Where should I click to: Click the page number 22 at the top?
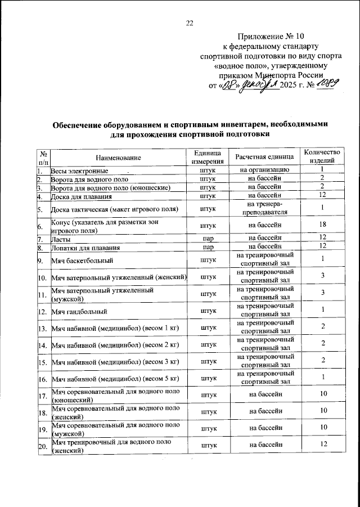(189, 23)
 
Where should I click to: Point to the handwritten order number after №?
(326, 84)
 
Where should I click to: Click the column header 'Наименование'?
(118, 157)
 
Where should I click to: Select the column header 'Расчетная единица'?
(264, 157)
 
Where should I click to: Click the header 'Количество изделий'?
(322, 157)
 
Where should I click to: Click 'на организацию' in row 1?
(264, 170)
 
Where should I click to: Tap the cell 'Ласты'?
(61, 239)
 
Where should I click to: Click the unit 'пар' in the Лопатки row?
(208, 247)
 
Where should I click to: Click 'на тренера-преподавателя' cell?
(264, 209)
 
